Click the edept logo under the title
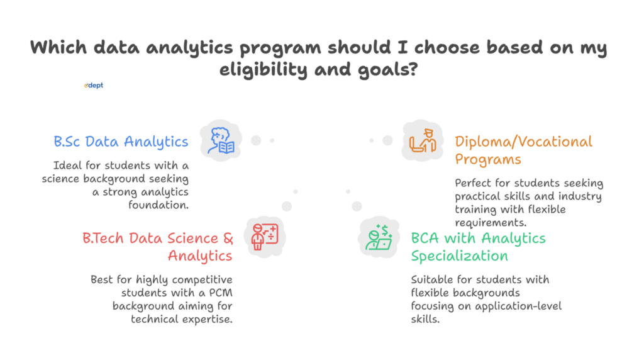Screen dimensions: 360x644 tap(94, 86)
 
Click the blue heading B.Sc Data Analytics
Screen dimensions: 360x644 tap(121, 142)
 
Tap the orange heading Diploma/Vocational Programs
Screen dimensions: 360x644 tap(523, 150)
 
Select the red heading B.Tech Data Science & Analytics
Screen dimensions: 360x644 tap(158, 247)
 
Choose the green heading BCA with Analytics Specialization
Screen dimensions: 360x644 tap(478, 247)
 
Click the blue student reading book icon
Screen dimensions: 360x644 tap(221, 142)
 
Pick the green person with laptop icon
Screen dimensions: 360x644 tap(379, 237)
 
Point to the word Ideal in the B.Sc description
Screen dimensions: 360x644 tap(67, 166)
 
